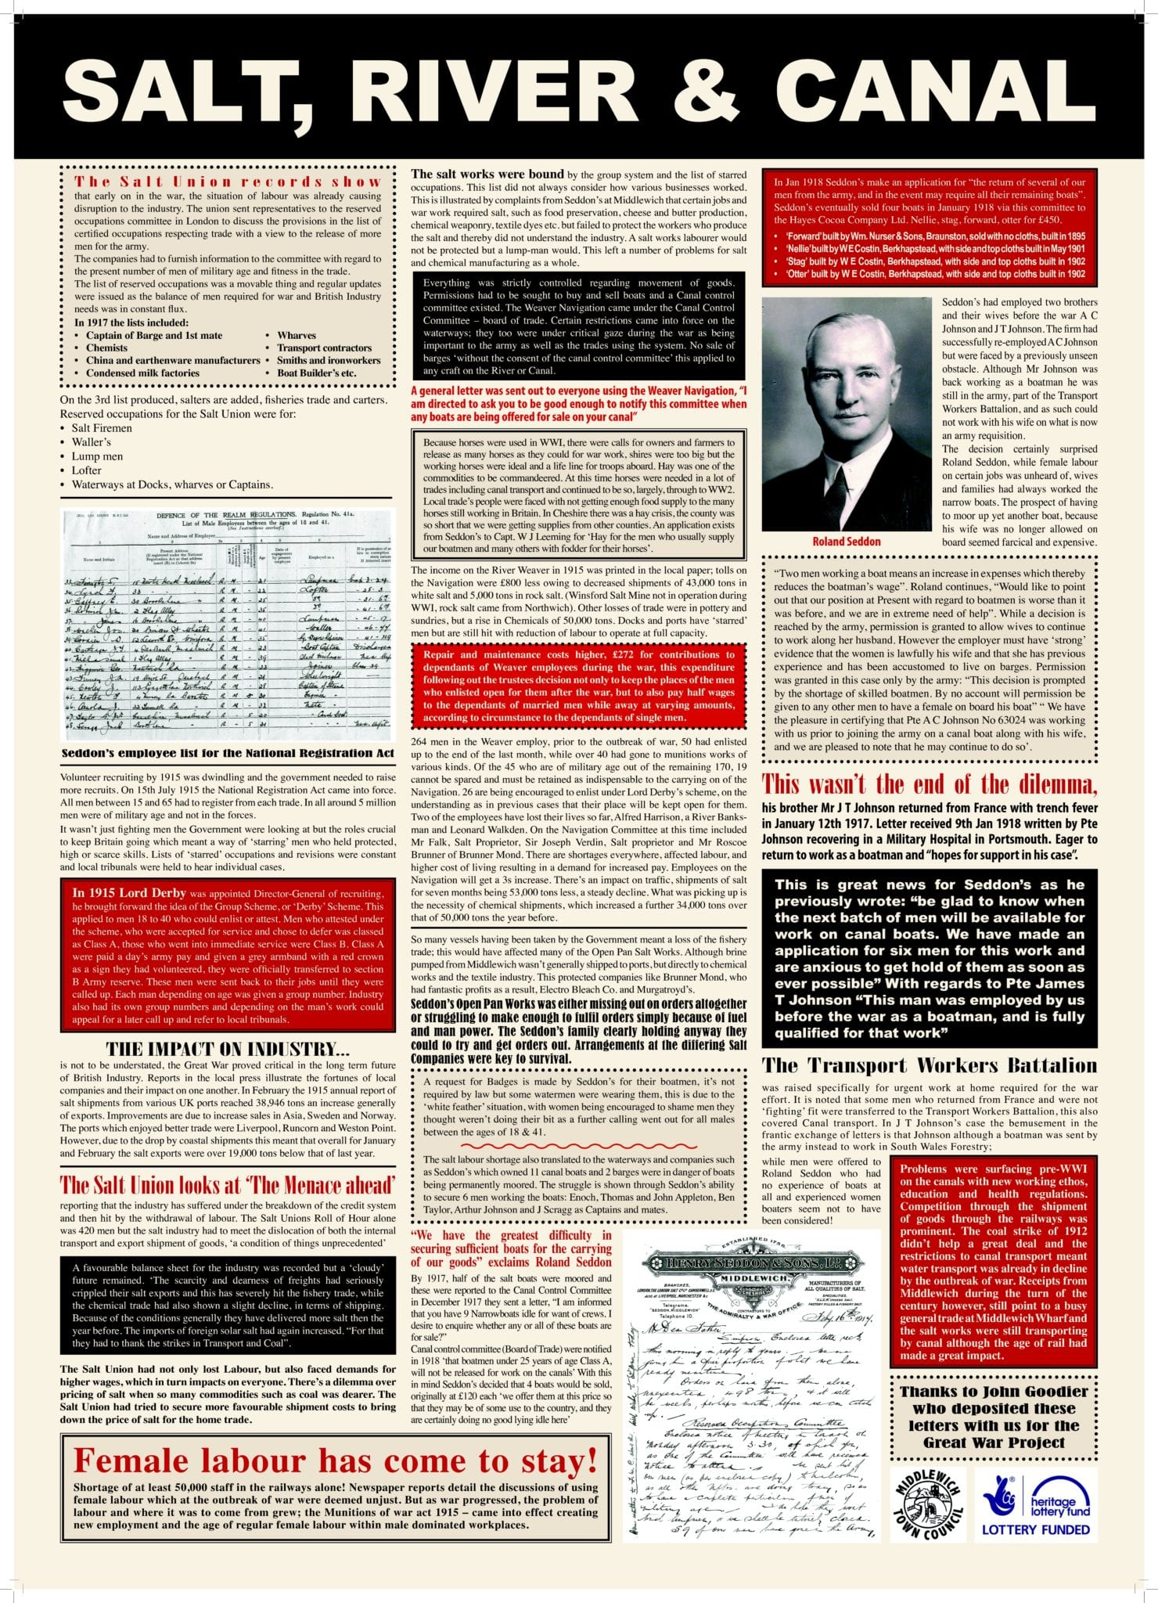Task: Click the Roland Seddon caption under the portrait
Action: (846, 541)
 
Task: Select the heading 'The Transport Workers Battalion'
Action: (930, 1065)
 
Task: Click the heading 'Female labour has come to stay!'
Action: (335, 1461)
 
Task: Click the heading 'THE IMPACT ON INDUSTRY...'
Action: (228, 1050)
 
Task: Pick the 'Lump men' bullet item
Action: (97, 456)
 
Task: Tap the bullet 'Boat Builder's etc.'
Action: (316, 373)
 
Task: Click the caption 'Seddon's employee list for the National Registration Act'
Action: (226, 753)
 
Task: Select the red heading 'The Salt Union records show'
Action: (228, 182)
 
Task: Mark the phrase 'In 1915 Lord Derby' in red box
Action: (129, 892)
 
